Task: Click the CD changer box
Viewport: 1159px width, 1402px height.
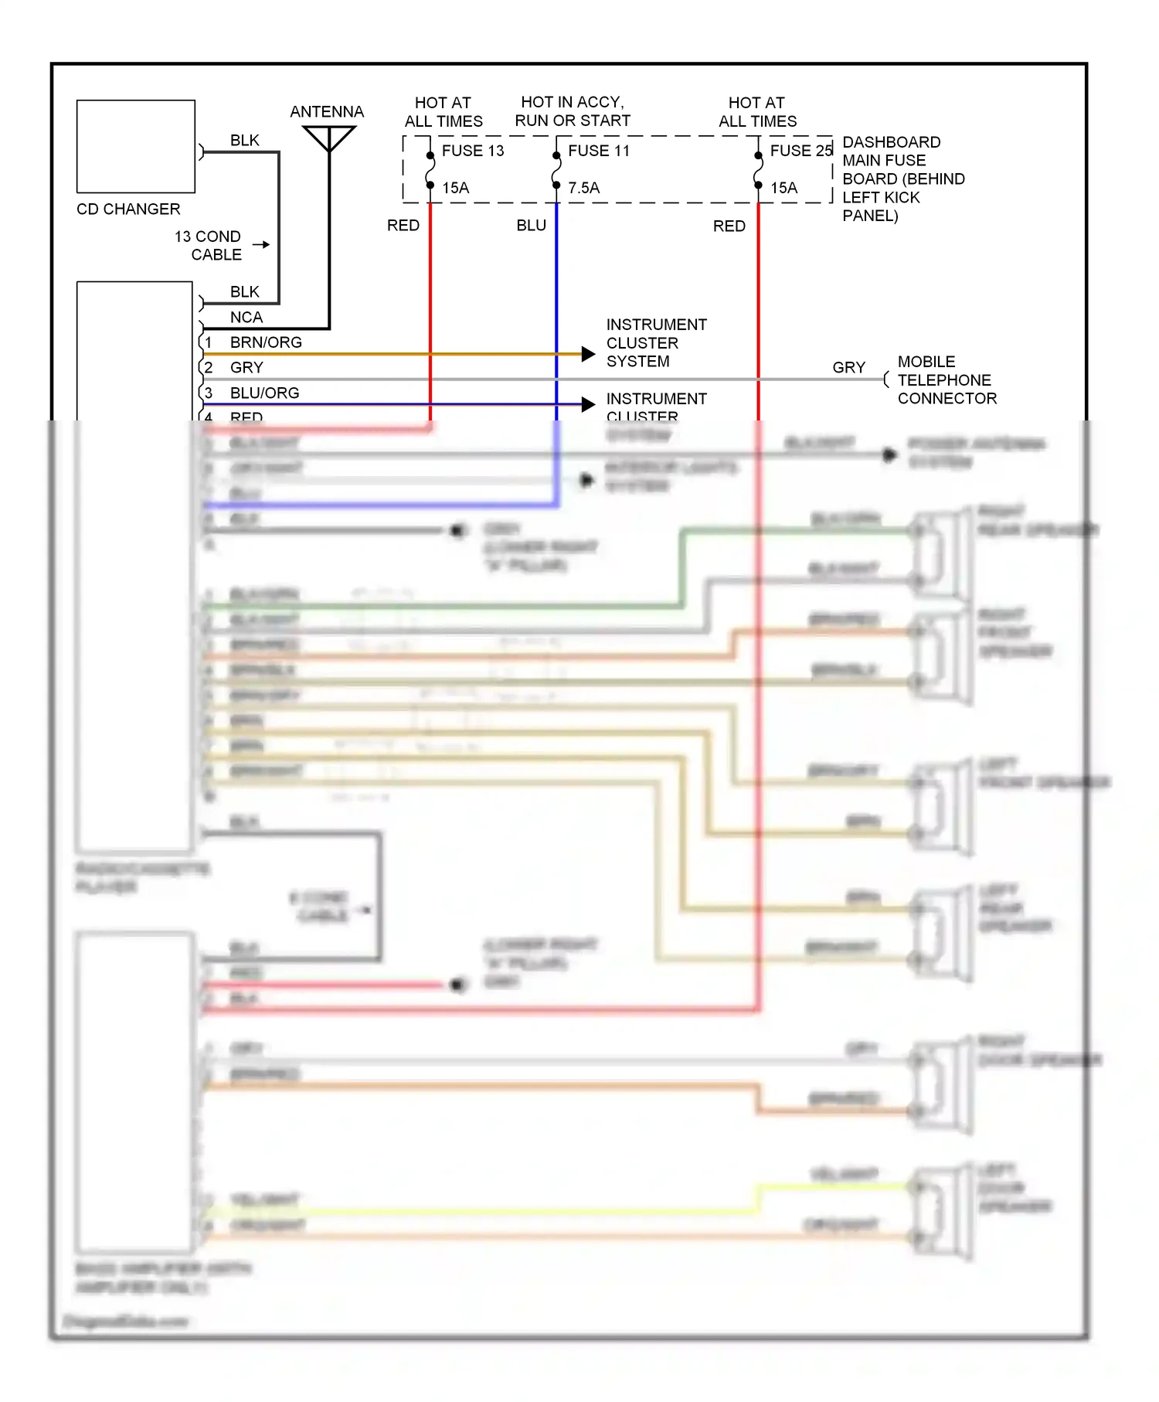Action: (135, 146)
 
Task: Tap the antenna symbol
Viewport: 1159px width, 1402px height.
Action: (329, 138)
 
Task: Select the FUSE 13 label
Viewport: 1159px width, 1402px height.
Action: (472, 151)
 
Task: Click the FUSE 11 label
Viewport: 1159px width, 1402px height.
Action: (599, 151)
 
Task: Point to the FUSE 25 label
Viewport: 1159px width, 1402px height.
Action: (800, 151)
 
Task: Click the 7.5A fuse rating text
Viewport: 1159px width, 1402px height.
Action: (583, 188)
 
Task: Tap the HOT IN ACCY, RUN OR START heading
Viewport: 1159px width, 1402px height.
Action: (573, 111)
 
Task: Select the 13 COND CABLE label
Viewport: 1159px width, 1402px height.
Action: (209, 245)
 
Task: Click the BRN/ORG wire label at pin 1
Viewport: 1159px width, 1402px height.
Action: (266, 342)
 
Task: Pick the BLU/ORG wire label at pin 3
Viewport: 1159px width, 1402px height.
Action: (264, 393)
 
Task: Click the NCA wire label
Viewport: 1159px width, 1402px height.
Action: (246, 317)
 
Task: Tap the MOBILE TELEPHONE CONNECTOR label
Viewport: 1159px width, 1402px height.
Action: (947, 380)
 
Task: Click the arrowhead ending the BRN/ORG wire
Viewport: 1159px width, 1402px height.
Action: (588, 354)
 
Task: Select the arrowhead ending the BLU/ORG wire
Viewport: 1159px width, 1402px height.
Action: (588, 403)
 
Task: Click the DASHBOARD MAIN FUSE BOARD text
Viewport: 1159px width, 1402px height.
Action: (902, 179)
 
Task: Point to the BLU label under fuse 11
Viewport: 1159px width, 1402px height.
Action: (531, 226)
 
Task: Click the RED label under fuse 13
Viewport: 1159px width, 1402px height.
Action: (403, 226)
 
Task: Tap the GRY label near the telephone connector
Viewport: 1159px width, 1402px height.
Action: (848, 368)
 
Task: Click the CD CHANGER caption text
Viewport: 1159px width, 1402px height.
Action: (128, 209)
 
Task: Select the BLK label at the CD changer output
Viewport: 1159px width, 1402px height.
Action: (244, 141)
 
